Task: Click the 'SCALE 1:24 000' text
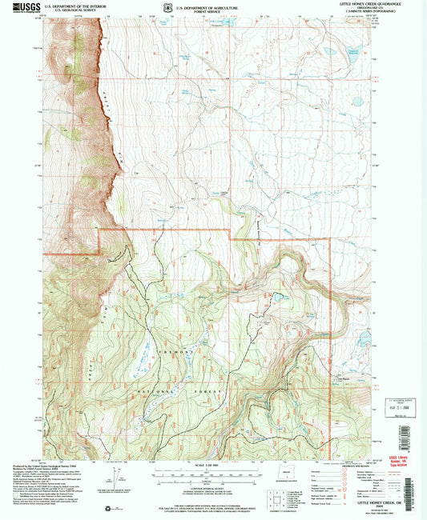click(x=204, y=467)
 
